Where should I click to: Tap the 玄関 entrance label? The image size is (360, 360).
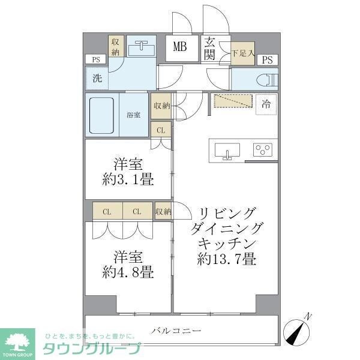[211, 48]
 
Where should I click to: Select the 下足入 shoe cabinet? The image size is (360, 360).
[243, 53]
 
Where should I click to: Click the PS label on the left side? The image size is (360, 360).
[95, 59]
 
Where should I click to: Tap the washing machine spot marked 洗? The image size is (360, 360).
[97, 78]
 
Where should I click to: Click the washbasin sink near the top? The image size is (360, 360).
[142, 46]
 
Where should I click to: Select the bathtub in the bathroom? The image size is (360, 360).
[104, 115]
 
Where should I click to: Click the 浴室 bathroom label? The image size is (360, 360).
[133, 115]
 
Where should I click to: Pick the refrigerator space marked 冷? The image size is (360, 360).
[265, 104]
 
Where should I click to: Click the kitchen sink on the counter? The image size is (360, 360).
[227, 150]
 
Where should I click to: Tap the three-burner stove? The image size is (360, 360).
[262, 149]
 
